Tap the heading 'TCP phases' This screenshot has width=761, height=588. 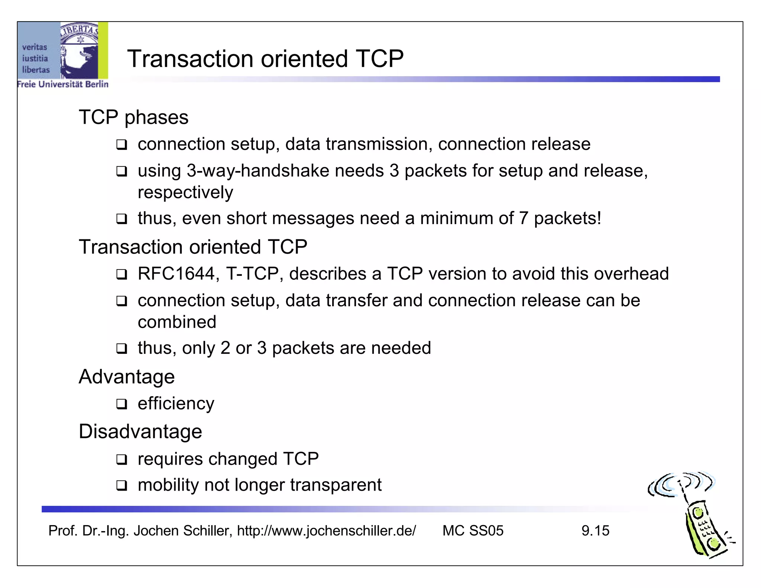[133, 117]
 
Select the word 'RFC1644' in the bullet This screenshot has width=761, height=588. [176, 274]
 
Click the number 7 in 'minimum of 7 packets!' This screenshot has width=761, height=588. [523, 218]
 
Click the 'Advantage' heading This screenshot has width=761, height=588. [127, 377]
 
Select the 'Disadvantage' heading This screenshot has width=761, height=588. [140, 432]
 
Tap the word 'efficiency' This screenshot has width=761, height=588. [176, 404]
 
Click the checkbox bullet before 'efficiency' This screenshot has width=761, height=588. [122, 404]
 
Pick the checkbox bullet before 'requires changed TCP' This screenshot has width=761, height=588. [122, 459]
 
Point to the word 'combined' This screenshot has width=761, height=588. [177, 322]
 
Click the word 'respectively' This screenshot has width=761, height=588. [185, 193]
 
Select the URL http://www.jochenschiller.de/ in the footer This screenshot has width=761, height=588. [326, 531]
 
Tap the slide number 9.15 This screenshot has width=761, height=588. [595, 531]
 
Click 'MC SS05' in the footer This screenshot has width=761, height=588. [473, 531]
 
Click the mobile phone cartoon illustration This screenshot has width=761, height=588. [699, 520]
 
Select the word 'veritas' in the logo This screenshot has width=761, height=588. [35, 47]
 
